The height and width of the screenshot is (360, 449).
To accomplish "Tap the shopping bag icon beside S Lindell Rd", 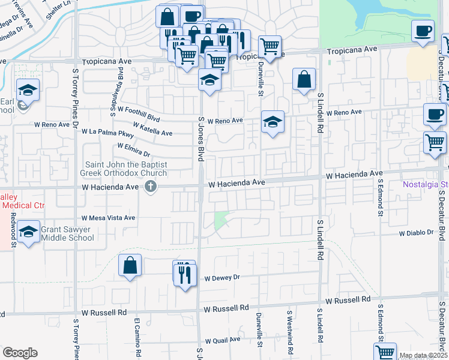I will point(304,79).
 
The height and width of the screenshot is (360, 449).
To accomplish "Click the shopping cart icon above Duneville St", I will point(270,46).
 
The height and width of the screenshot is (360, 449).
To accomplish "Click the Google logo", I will point(20,352).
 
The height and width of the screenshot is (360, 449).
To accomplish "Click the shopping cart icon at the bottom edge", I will point(385,352).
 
